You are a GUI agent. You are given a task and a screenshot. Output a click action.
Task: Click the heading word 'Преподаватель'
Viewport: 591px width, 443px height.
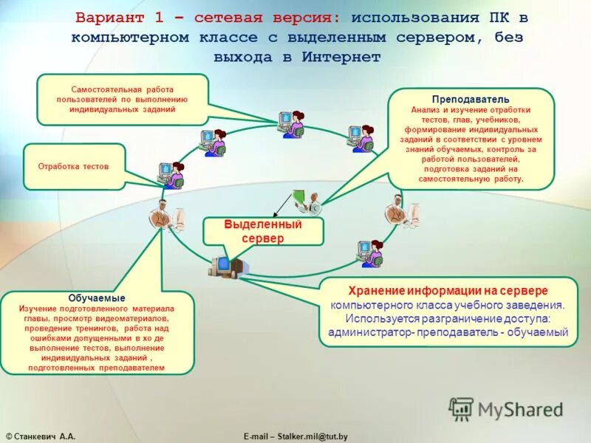pyautogui.click(x=471, y=99)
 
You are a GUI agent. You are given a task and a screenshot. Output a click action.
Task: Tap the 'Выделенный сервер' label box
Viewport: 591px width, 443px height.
pyautogui.click(x=263, y=231)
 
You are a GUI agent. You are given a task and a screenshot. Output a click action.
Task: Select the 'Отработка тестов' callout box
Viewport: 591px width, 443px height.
pyautogui.click(x=73, y=167)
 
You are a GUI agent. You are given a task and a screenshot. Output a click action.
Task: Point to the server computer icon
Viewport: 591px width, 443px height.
pyautogui.click(x=226, y=265)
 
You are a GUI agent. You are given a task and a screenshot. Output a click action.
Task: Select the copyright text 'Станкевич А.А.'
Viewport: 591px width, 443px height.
pyautogui.click(x=46, y=437)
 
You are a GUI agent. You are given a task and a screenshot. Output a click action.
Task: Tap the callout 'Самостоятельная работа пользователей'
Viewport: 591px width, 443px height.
pyautogui.click(x=123, y=98)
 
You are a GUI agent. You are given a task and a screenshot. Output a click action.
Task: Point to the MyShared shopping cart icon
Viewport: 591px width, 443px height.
pyautogui.click(x=461, y=409)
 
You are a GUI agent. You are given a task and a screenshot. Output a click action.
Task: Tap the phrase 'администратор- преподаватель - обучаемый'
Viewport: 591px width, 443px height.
pyautogui.click(x=448, y=332)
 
